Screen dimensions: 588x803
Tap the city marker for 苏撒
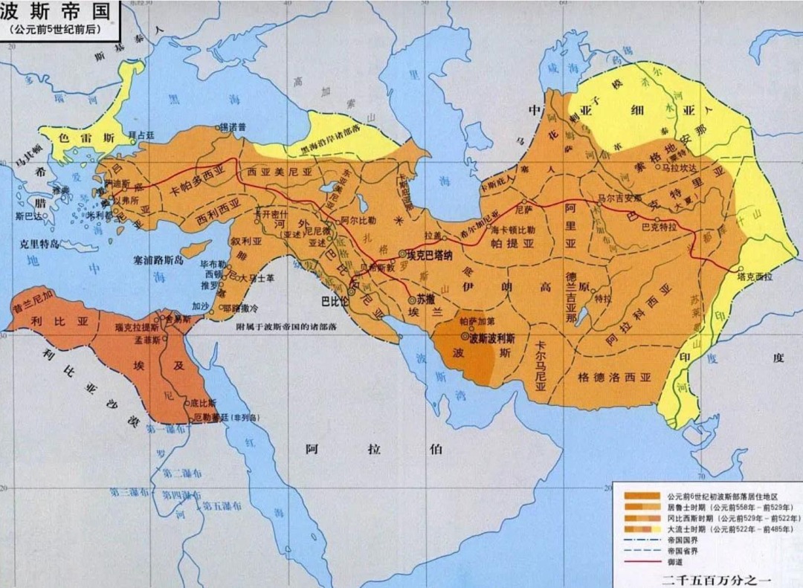(411, 300)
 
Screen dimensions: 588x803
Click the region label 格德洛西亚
(613, 377)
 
